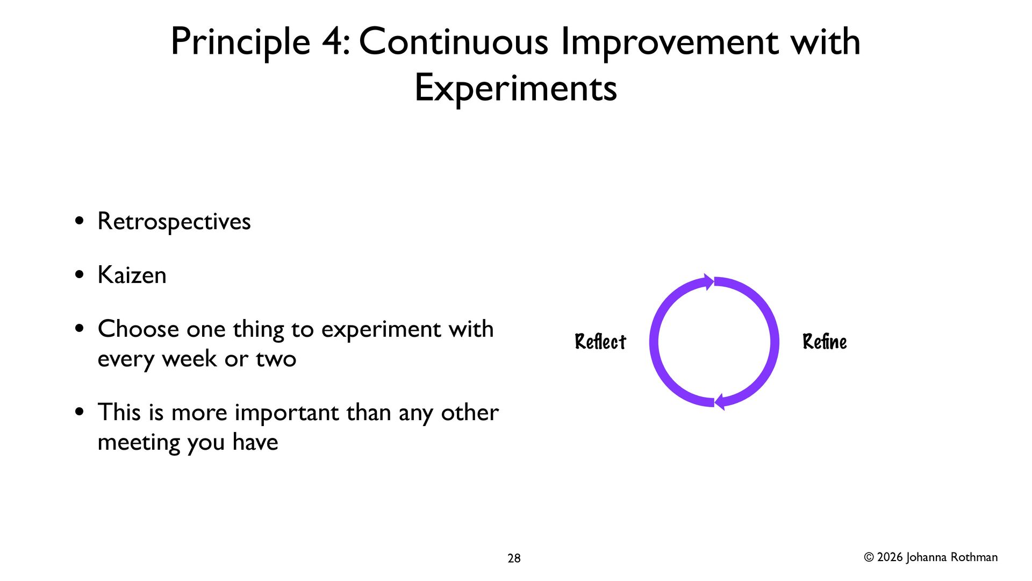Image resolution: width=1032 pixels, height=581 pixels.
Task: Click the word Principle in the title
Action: click(x=241, y=42)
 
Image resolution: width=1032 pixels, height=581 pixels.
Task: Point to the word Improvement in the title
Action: click(x=669, y=42)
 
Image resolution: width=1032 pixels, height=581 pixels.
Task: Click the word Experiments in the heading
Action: click(x=516, y=88)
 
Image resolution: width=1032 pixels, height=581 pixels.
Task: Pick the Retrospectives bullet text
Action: click(x=174, y=222)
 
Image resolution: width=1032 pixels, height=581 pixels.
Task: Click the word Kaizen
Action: click(x=132, y=275)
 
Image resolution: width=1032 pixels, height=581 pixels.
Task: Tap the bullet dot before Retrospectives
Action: click(x=80, y=221)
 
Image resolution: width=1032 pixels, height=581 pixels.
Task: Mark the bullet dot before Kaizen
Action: click(x=80, y=275)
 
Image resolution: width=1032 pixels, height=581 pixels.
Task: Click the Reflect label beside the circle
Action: click(x=600, y=342)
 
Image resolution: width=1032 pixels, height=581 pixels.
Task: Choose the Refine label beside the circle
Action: click(x=825, y=342)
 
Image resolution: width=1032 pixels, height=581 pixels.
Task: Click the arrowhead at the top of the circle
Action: click(x=709, y=282)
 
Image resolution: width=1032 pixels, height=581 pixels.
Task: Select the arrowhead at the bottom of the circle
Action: click(x=720, y=402)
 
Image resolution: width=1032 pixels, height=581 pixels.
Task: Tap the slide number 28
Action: click(x=514, y=558)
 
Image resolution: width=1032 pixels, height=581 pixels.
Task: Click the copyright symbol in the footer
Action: click(x=869, y=557)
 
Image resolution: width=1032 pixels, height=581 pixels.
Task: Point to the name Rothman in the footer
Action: click(x=974, y=557)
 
